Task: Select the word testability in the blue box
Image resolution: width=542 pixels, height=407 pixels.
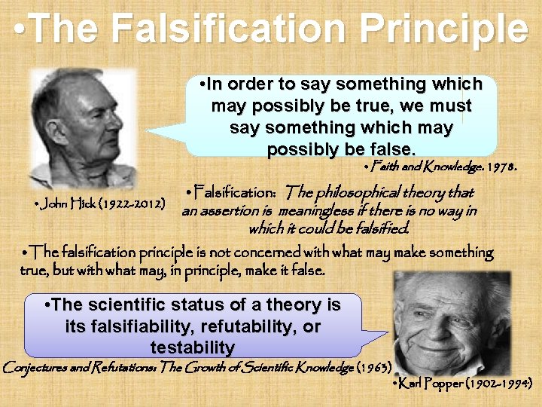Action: (x=193, y=347)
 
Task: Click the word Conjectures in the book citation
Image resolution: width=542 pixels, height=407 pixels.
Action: (x=38, y=368)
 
